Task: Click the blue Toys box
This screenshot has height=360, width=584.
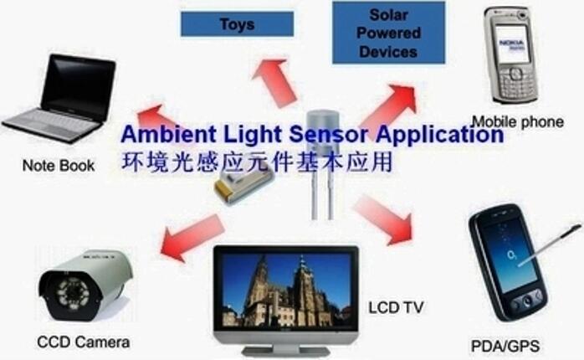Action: (x=238, y=24)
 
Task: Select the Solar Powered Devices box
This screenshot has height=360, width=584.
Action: (x=388, y=33)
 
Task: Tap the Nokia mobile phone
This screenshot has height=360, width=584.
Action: (x=512, y=55)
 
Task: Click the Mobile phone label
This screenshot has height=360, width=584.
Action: (x=518, y=122)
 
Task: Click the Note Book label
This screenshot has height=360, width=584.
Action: (x=59, y=166)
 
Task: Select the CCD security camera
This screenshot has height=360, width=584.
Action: (x=85, y=285)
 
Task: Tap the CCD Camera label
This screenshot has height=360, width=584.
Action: (x=84, y=342)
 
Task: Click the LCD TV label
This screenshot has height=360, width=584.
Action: (x=396, y=307)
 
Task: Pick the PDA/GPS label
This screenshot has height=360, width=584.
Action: (x=505, y=347)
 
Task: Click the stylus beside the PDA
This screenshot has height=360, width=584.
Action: (x=551, y=244)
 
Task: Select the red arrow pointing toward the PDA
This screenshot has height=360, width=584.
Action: (x=384, y=219)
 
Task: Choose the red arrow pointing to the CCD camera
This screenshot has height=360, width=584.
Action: (x=192, y=237)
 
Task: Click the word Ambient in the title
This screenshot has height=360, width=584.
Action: (x=169, y=134)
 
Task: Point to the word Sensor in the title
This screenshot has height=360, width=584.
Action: (x=329, y=134)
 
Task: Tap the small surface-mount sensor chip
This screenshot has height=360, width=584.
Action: (x=244, y=187)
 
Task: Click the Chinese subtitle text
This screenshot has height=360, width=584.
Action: (x=257, y=162)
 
